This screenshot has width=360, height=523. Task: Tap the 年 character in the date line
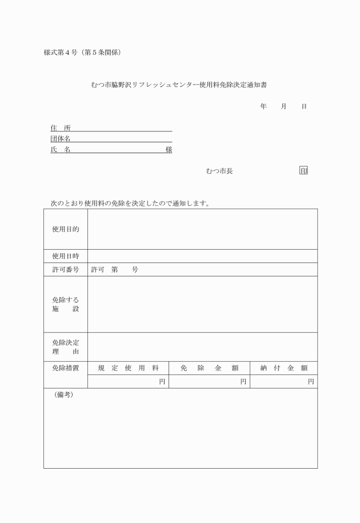pyautogui.click(x=263, y=107)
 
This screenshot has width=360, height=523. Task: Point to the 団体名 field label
pyautogui.click(x=60, y=138)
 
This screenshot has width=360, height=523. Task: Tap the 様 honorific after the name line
pyautogui.click(x=169, y=149)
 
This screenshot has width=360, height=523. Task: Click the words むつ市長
pyautogui.click(x=219, y=171)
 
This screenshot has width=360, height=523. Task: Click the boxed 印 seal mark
pyautogui.click(x=303, y=171)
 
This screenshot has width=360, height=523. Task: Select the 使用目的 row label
pyautogui.click(x=66, y=229)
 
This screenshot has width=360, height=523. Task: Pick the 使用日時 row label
pyautogui.click(x=66, y=256)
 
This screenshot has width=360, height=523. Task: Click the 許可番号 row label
pyautogui.click(x=66, y=270)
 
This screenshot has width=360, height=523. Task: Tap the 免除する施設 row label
pyautogui.click(x=66, y=304)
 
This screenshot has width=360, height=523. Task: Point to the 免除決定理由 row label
pyautogui.click(x=66, y=347)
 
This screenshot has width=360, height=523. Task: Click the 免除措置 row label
pyautogui.click(x=66, y=368)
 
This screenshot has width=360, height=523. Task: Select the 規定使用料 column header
pyautogui.click(x=128, y=368)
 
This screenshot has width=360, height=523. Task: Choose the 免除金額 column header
pyautogui.click(x=209, y=368)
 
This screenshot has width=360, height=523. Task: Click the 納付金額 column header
pyautogui.click(x=284, y=368)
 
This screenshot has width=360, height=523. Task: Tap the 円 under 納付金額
pyautogui.click(x=311, y=381)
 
